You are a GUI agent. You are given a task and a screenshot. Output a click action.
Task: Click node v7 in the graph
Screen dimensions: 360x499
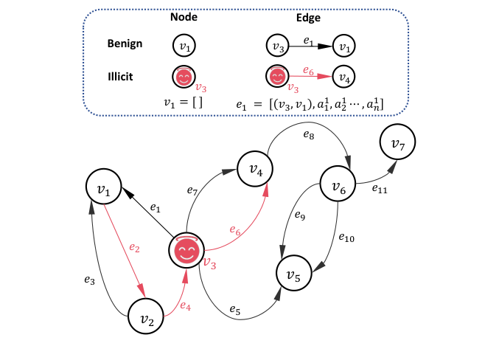point(398,143)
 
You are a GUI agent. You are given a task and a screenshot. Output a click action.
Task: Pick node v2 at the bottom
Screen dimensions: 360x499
point(146,319)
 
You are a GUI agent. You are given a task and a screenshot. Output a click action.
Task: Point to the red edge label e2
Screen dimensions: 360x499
point(133,248)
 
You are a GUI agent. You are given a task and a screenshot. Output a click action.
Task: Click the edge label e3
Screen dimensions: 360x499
point(89,280)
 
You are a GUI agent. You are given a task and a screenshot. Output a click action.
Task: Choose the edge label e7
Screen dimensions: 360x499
point(192,192)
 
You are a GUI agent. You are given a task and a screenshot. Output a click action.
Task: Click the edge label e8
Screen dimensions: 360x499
point(309,136)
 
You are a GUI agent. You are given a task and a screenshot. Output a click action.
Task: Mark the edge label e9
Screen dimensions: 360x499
point(300,216)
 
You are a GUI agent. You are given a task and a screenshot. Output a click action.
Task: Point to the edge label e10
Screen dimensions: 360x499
point(346,238)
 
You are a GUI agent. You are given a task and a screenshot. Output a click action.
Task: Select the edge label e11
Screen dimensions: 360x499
point(379,190)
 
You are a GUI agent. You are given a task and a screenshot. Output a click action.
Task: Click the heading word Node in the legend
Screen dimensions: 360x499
point(184,17)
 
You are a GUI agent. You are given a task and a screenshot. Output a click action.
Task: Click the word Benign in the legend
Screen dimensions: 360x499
point(125,44)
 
